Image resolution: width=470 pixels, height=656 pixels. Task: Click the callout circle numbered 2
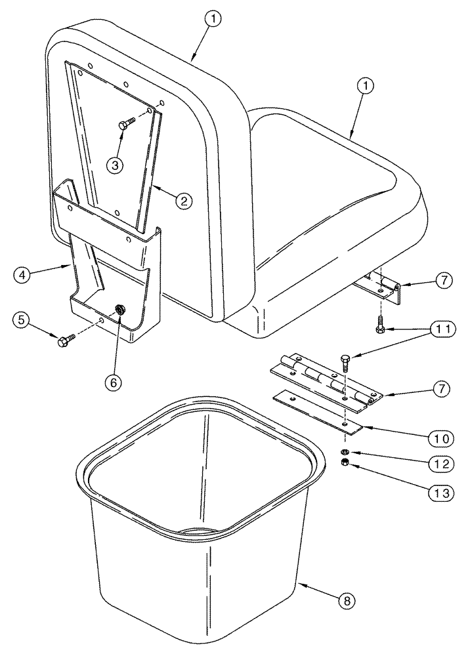(x=183, y=201)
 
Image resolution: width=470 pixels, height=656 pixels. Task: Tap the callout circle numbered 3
(x=116, y=165)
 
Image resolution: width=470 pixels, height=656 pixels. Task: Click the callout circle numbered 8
(x=350, y=599)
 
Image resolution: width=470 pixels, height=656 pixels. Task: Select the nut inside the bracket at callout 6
(x=120, y=310)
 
